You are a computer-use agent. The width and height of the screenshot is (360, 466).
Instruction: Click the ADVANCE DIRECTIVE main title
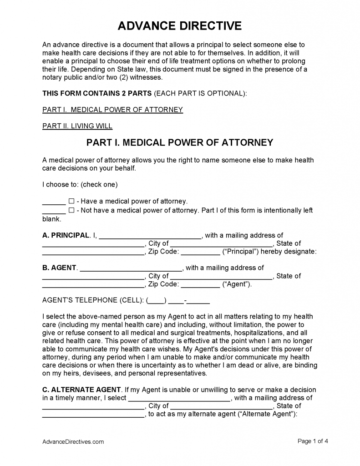(x=180, y=26)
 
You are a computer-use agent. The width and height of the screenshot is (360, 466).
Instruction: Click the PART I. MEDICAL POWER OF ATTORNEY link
(x=112, y=110)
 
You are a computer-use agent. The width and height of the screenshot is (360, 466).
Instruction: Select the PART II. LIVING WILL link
(x=77, y=126)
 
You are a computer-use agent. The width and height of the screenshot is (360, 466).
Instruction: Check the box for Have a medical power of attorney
(x=71, y=201)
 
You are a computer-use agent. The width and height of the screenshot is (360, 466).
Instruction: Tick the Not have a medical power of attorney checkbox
(x=71, y=210)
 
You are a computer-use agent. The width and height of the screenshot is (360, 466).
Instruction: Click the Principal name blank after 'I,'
(x=150, y=236)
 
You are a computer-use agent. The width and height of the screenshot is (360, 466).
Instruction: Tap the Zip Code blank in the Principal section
(x=200, y=252)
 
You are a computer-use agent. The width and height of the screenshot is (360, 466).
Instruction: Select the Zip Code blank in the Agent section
(x=200, y=284)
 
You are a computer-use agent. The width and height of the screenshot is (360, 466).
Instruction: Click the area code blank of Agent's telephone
(x=157, y=301)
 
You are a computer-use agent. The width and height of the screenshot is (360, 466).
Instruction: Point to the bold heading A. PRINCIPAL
(x=66, y=235)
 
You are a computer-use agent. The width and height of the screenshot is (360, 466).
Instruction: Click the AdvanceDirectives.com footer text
(x=73, y=441)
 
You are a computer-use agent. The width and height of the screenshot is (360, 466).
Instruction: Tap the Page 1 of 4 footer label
(x=313, y=441)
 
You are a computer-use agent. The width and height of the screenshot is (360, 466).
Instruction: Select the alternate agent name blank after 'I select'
(x=179, y=398)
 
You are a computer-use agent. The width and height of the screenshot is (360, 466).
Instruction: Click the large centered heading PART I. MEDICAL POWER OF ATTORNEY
(x=180, y=142)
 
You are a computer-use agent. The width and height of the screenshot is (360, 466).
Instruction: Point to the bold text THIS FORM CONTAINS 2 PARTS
(x=97, y=93)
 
